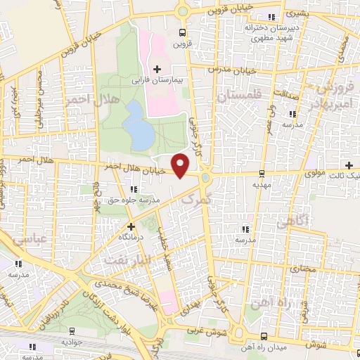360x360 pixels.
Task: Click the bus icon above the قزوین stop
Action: [183, 32]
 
